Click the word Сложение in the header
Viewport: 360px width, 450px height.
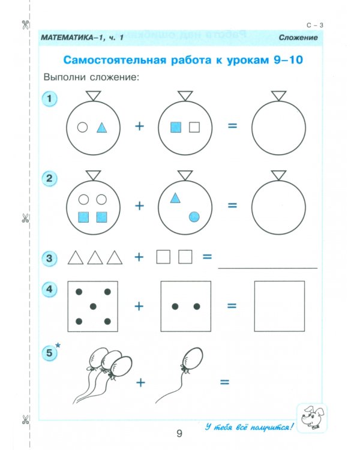[x=298, y=38]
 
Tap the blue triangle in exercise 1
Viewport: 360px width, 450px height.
[x=102, y=127]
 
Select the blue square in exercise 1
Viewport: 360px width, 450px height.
[x=176, y=127]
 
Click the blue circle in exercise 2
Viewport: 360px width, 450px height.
[x=194, y=217]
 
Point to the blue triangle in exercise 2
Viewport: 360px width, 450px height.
[x=175, y=197]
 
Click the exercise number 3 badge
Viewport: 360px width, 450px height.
[x=50, y=259]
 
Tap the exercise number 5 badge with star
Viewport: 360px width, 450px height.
[x=51, y=354]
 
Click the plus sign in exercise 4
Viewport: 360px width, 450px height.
[x=139, y=306]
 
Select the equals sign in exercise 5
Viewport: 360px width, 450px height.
[x=226, y=382]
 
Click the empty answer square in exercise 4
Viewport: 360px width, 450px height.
[x=280, y=305]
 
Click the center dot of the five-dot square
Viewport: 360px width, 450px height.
[x=93, y=307]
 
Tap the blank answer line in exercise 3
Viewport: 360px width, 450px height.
[x=267, y=266]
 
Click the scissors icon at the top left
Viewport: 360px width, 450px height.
[x=25, y=25]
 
